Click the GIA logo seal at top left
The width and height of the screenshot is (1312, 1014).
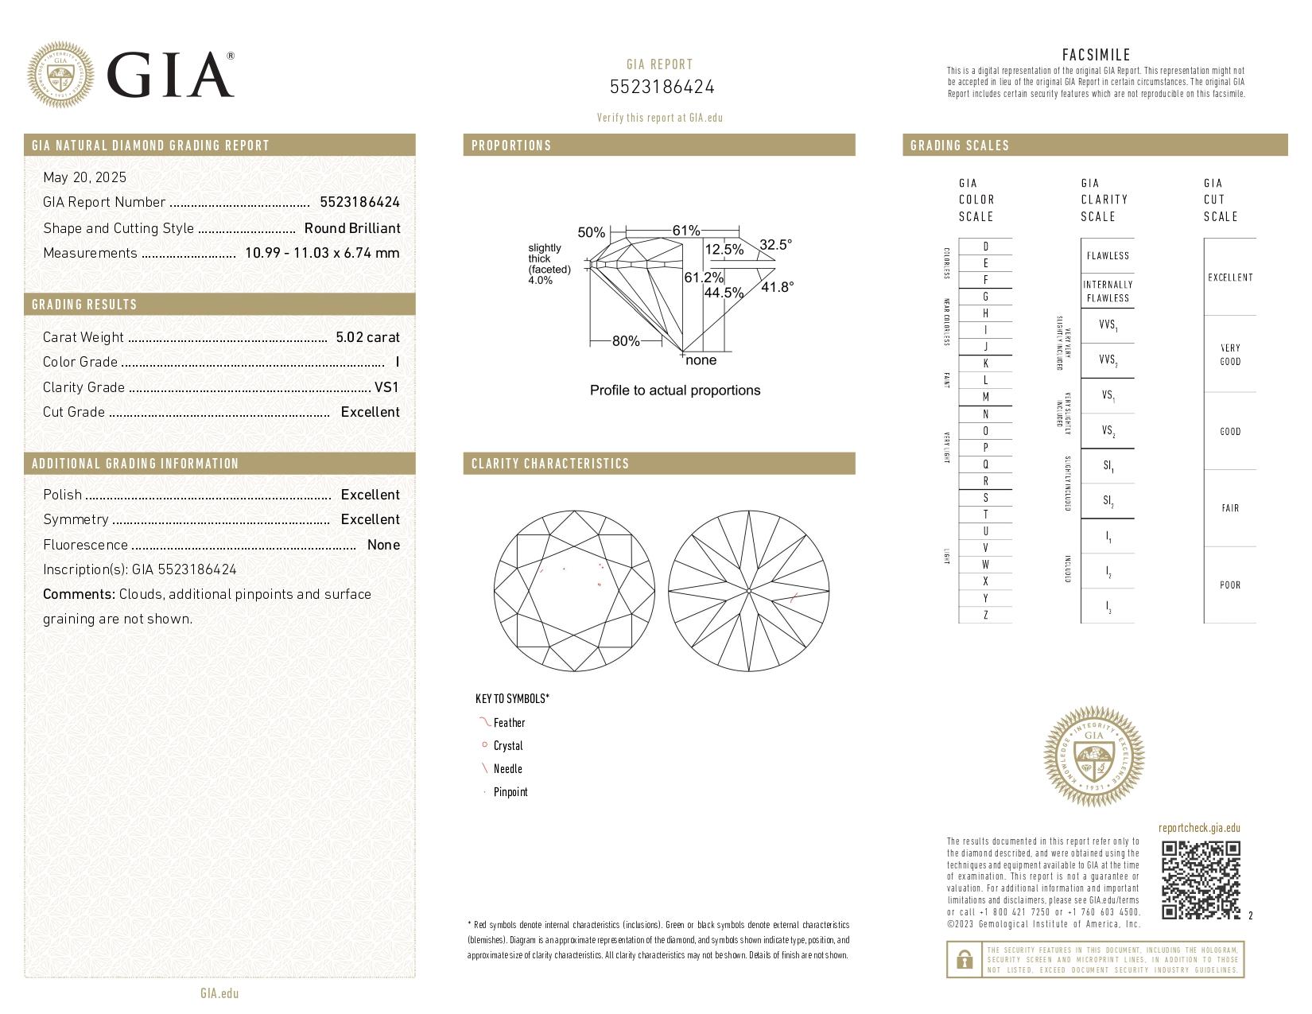60,75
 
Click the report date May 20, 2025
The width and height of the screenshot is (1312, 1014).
85,177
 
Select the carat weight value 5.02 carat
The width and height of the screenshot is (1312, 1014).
367,337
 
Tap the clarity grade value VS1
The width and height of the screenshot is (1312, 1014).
386,387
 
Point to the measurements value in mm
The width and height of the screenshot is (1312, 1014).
322,253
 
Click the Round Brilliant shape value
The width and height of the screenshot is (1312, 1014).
352,228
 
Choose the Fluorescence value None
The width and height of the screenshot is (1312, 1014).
383,545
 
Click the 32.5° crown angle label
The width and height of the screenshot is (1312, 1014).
775,245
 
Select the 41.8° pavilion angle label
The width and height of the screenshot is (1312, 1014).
777,287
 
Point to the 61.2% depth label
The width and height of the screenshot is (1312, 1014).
704,278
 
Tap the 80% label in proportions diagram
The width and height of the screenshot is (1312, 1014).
626,341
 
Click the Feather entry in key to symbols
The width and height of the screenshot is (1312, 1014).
509,723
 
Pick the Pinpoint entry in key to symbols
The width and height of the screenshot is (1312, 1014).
510,792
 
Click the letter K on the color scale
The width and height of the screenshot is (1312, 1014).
986,363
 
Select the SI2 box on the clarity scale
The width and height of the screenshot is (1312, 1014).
1108,501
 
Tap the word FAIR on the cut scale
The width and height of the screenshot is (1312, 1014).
1230,508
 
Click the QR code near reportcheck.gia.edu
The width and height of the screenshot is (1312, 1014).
1201,880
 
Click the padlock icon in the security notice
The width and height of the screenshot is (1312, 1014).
964,960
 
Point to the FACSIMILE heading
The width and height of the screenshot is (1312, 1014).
1096,55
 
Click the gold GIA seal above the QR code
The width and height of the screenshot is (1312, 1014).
1093,756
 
